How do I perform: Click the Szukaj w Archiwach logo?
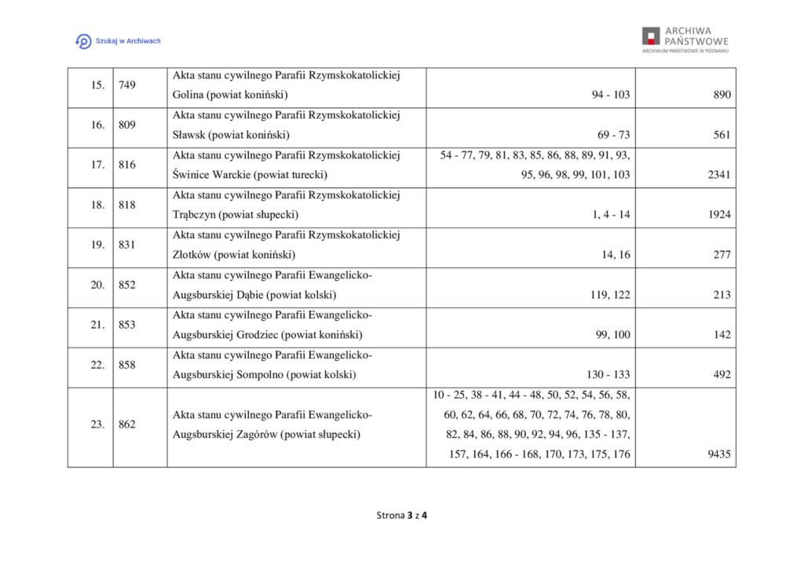pyautogui.click(x=118, y=41)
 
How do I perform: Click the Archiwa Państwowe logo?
pyautogui.click(x=685, y=39)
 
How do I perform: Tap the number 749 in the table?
pyautogui.click(x=126, y=85)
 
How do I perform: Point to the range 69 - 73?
pyautogui.click(x=614, y=135)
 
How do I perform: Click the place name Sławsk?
pyautogui.click(x=188, y=135)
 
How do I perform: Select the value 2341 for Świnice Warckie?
pyautogui.click(x=719, y=175)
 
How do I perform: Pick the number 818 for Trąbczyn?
pyautogui.click(x=126, y=205)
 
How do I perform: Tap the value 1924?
pyautogui.click(x=719, y=215)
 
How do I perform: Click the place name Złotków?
pyautogui.click(x=192, y=255)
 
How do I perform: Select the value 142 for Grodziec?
pyautogui.click(x=722, y=335)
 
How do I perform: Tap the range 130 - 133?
pyautogui.click(x=608, y=375)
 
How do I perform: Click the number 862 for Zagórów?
pyautogui.click(x=126, y=424)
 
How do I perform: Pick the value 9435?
pyautogui.click(x=719, y=454)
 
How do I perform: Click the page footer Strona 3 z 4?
pyautogui.click(x=401, y=515)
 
